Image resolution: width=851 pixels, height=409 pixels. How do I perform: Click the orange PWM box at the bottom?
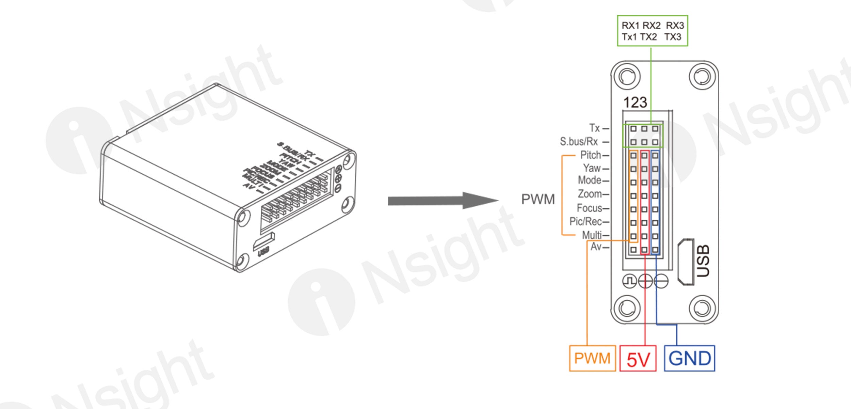point(592,358)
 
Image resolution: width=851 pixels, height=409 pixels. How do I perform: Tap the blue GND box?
point(689,358)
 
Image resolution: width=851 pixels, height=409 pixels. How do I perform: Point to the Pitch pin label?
point(591,155)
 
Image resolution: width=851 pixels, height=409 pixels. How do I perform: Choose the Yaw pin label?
point(592,168)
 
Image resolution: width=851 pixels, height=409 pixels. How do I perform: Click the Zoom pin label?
point(590,194)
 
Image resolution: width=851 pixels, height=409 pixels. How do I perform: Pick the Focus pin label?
point(589,208)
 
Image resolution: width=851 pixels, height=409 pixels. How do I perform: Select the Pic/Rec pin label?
point(585,221)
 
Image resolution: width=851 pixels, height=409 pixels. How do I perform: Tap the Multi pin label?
point(592,235)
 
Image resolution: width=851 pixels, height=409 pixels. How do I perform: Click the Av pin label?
point(596,247)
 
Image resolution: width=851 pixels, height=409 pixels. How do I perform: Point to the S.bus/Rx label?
point(579,141)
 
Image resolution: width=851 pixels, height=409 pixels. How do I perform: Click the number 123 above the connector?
point(635,103)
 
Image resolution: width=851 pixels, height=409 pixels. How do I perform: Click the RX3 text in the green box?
point(675,26)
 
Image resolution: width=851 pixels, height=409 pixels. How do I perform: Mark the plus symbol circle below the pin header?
point(645,281)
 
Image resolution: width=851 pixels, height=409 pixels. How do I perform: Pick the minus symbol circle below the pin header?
point(661,281)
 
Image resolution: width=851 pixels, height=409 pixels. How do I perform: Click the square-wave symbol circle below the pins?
point(629,281)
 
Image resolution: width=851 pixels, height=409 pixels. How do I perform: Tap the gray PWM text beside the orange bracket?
point(538,199)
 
